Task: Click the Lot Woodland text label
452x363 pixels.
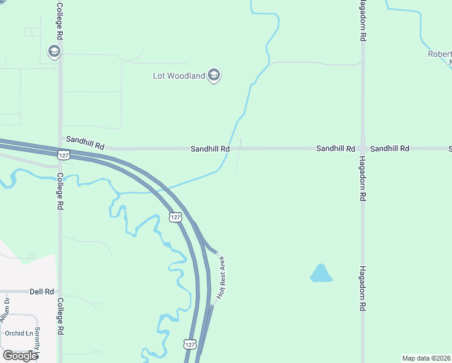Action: click(179, 76)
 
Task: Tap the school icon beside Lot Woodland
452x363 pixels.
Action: click(213, 76)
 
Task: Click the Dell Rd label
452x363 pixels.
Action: click(41, 291)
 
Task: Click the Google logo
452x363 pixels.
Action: click(20, 356)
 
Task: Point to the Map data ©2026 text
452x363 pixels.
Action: click(426, 358)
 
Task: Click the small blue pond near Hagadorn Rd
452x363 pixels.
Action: click(321, 274)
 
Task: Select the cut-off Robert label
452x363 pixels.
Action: click(439, 53)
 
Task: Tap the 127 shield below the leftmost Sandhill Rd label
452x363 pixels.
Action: click(63, 155)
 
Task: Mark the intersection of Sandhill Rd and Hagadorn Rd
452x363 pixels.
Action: click(363, 148)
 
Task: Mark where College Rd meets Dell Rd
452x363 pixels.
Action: click(59, 291)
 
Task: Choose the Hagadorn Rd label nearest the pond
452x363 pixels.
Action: click(363, 289)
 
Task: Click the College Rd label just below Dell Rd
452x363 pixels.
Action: click(60, 316)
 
